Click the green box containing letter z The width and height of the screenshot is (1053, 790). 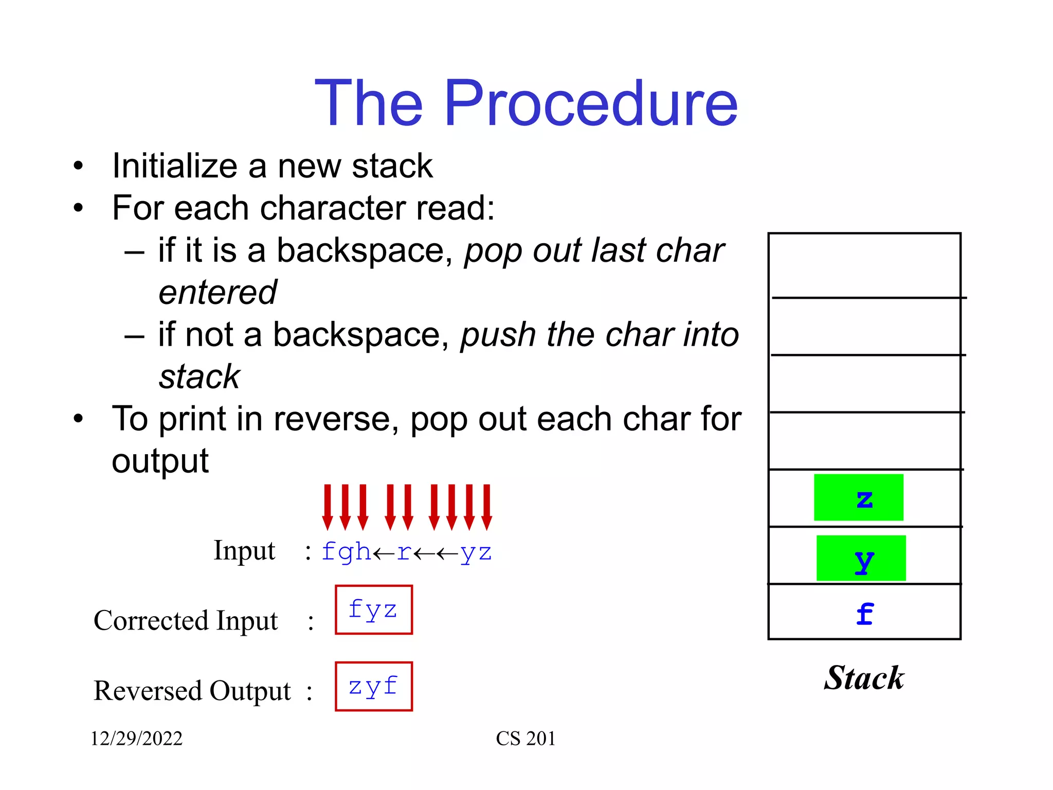858,497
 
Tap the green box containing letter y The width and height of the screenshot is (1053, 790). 861,558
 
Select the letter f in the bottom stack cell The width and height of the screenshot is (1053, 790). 864,614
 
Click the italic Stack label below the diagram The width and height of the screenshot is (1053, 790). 864,678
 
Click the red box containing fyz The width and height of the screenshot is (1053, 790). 373,610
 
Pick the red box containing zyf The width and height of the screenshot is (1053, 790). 373,687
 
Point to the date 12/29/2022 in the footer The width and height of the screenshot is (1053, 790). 136,739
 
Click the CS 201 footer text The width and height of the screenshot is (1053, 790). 525,739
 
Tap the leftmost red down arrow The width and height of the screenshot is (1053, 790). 328,507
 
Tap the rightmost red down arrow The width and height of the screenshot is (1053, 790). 486,507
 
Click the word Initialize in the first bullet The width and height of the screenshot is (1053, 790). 175,166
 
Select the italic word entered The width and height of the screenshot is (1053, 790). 217,293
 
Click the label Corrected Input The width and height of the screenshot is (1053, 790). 186,621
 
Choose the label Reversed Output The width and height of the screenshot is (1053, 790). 192,691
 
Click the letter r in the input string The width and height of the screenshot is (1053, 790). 404,552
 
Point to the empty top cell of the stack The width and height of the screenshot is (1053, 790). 864,265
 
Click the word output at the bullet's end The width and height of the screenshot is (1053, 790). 160,461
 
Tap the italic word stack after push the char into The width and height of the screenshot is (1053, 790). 199,377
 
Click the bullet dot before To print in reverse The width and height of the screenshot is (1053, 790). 78,418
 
